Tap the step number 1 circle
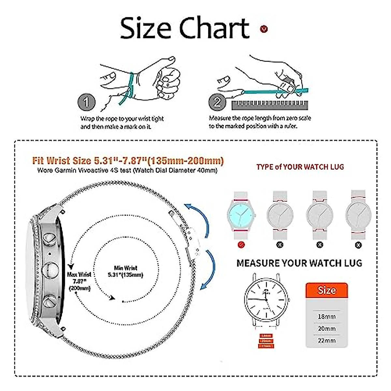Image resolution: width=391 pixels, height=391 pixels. [86, 103]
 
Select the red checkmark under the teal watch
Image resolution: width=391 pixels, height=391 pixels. [241, 244]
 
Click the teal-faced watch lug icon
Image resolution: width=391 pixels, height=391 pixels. [241, 215]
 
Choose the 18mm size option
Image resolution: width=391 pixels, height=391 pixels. [326, 316]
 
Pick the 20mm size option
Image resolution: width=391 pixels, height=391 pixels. [326, 328]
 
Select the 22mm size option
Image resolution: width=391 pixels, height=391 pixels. [326, 340]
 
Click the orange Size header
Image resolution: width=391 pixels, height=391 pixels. [326, 290]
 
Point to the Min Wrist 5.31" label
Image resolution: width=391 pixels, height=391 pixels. [125, 271]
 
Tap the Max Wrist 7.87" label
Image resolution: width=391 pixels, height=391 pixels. [79, 281]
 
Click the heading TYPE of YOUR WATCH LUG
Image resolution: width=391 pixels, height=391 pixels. [300, 167]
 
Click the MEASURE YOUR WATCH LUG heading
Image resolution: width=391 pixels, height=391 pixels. [299, 263]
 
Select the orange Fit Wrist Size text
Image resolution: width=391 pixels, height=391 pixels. [128, 161]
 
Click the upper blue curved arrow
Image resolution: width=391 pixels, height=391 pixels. [199, 218]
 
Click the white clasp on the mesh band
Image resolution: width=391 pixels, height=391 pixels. [193, 239]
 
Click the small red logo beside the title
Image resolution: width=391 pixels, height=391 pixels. [264, 29]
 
